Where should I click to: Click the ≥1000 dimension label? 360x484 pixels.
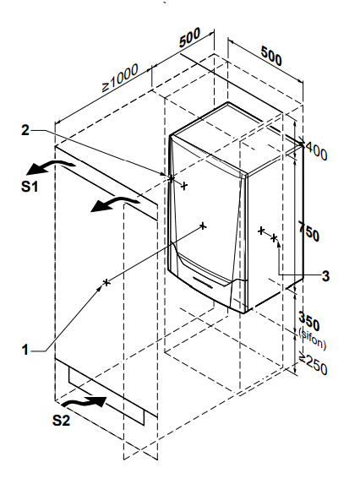[120, 78]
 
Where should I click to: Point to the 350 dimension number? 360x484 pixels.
[309, 321]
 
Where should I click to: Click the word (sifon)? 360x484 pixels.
[312, 340]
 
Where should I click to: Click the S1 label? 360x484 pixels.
[30, 186]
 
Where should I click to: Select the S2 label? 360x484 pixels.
[61, 420]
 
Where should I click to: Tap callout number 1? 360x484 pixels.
[25, 350]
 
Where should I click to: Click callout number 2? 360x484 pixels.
[25, 130]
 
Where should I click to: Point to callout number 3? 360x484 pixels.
[325, 275]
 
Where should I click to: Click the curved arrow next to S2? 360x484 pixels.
[84, 401]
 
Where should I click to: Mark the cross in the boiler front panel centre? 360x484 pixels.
[203, 226]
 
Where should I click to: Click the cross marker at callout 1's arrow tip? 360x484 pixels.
[106, 282]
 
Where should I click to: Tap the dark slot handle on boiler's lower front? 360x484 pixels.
[203, 282]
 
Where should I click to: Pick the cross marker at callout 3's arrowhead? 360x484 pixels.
[274, 237]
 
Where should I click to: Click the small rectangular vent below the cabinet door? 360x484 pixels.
[106, 396]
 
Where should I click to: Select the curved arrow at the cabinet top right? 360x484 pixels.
[116, 204]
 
